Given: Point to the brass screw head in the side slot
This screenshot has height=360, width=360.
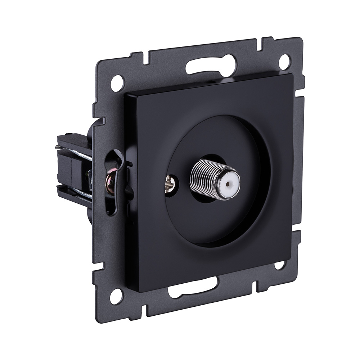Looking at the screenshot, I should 110,180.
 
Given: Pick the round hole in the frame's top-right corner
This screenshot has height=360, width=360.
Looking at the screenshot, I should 284,62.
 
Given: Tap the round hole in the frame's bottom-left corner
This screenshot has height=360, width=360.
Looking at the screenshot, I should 116,296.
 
